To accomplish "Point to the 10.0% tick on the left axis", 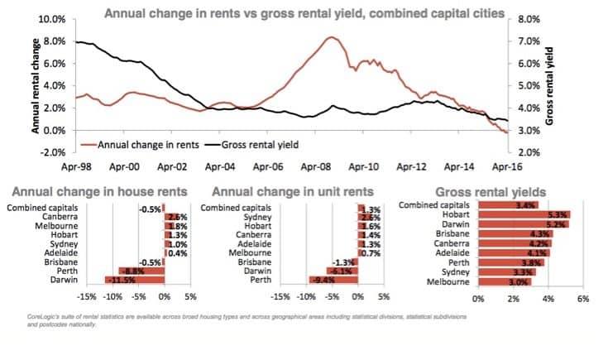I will click(52, 18).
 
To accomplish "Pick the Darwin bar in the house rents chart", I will click(133, 280).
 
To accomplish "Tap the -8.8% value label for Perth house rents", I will click(132, 270).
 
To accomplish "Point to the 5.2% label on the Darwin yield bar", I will click(556, 223).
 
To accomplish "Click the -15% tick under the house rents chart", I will click(85, 296).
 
